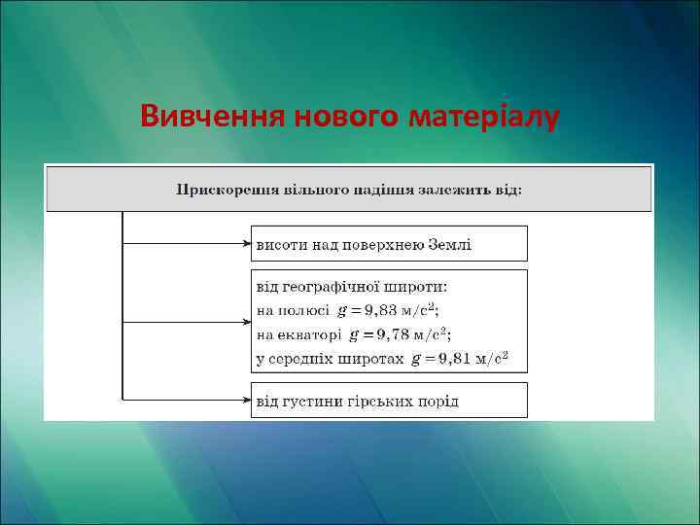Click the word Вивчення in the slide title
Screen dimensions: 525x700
(202, 116)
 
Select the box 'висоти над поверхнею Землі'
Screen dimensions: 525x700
(389, 244)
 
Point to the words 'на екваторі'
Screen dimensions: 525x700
(297, 334)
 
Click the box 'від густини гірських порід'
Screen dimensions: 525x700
(389, 401)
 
